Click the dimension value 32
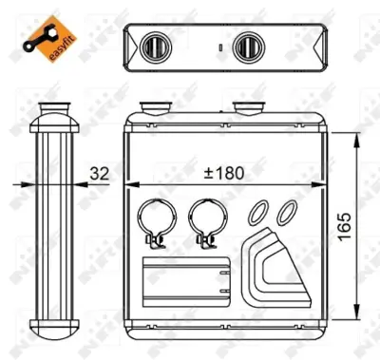pos(98,173)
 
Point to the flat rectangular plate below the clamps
pos(187,279)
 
